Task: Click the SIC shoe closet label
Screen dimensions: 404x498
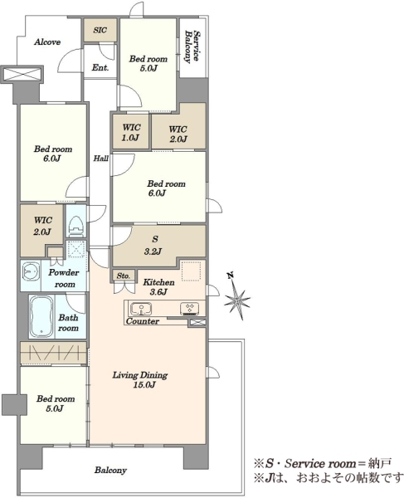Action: click(x=100, y=30)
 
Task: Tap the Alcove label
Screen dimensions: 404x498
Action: click(x=47, y=42)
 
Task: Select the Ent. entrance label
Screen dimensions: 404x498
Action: click(x=100, y=67)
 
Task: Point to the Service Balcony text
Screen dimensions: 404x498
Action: click(x=192, y=46)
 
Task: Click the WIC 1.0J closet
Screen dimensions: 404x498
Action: click(x=131, y=132)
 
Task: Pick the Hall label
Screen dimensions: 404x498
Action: click(x=101, y=159)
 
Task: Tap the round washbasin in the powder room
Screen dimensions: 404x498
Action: click(x=31, y=272)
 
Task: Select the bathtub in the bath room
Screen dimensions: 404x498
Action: click(x=41, y=317)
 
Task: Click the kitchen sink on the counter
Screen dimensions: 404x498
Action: click(x=141, y=309)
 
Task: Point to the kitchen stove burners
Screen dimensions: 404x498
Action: click(x=190, y=308)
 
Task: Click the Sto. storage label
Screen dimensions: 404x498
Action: click(x=123, y=276)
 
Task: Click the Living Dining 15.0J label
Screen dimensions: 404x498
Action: click(x=140, y=380)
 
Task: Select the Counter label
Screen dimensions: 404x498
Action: click(x=143, y=321)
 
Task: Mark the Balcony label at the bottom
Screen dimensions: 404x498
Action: click(x=110, y=470)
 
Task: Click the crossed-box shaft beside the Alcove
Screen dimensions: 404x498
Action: click(x=22, y=75)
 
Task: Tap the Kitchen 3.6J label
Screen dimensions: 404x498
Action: click(x=158, y=287)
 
